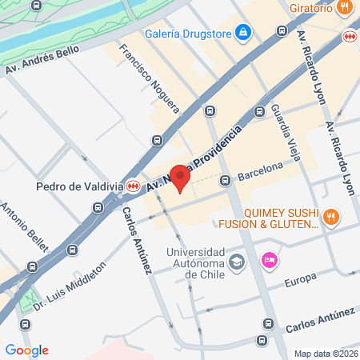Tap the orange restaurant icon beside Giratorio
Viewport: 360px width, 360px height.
tap(344, 7)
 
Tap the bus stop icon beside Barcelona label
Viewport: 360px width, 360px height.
tap(226, 179)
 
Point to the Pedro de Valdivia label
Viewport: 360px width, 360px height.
tap(78, 186)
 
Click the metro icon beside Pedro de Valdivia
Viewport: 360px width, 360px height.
tap(133, 186)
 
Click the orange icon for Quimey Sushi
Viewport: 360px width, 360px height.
tap(331, 215)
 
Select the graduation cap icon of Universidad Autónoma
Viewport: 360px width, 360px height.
tap(237, 262)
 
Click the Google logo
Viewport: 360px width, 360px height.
tap(26, 350)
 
